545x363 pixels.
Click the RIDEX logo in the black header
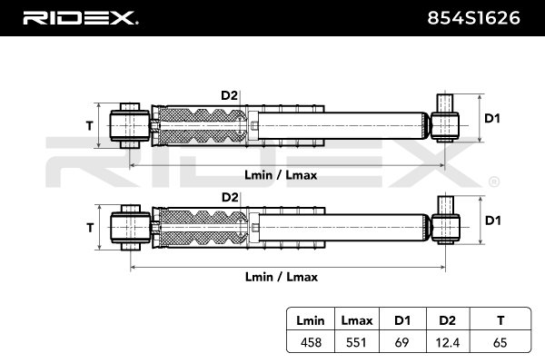(81, 18)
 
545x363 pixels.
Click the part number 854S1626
(473, 18)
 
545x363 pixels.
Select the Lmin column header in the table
(311, 320)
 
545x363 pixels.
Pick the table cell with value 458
(311, 342)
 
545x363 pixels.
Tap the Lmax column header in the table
(357, 320)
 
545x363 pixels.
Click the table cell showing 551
(356, 342)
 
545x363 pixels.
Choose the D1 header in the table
(402, 320)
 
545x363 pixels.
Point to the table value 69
(401, 342)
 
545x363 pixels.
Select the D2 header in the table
(447, 320)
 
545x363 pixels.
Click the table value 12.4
(448, 343)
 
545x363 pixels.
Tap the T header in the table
(500, 320)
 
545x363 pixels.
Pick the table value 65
(500, 342)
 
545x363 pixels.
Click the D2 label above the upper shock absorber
(230, 95)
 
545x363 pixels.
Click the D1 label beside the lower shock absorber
(493, 221)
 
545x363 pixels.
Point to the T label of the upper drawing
(90, 125)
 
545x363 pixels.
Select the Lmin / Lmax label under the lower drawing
(282, 277)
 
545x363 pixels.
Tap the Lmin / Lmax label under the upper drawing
(281, 175)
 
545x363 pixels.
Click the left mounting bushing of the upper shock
(130, 125)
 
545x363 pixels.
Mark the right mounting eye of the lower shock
(446, 228)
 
